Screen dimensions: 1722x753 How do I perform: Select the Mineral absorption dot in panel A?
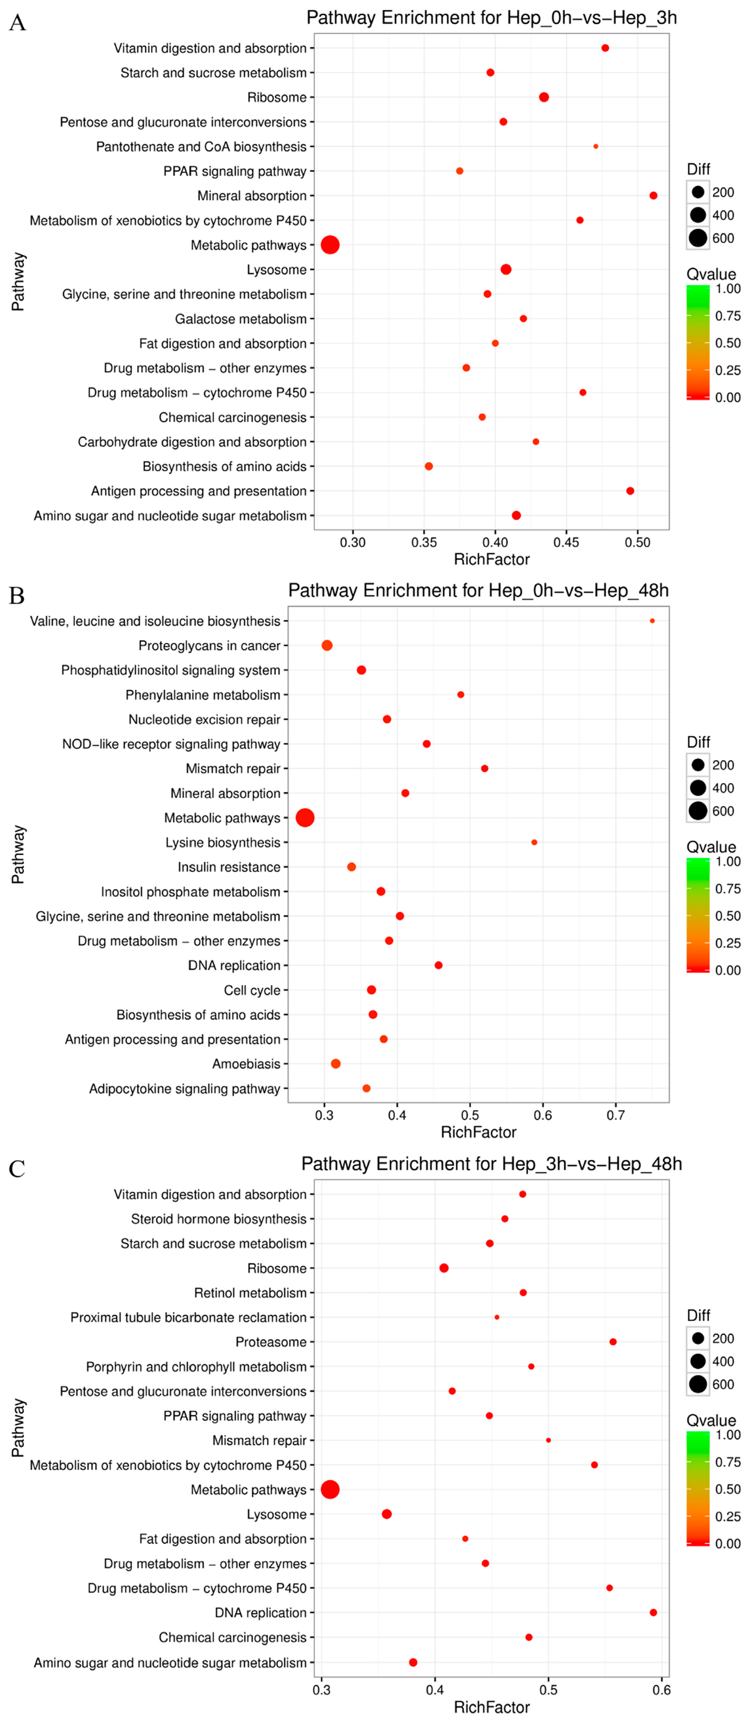click(653, 195)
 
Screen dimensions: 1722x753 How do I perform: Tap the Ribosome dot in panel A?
click(543, 97)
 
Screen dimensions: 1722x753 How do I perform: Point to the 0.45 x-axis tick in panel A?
click(566, 542)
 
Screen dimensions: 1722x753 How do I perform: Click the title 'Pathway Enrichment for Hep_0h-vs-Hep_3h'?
click(491, 17)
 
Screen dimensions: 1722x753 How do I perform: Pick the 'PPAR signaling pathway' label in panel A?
click(234, 171)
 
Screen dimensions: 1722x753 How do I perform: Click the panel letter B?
click(17, 595)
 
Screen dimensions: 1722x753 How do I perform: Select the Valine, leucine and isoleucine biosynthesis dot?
click(652, 621)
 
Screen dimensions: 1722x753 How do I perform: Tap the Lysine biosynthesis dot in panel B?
click(534, 842)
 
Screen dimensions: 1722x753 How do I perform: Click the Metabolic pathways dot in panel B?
click(305, 817)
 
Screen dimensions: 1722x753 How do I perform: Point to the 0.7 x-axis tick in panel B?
click(615, 1115)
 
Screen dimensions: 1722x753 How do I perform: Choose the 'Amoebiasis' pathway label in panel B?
click(246, 1064)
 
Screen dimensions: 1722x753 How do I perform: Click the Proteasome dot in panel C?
click(613, 1342)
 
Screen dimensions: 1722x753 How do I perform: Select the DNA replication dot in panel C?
click(653, 1612)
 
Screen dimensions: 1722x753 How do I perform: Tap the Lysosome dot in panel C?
click(386, 1514)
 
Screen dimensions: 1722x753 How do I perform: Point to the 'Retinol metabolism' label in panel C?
click(250, 1293)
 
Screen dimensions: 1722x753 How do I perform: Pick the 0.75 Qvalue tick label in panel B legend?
click(727, 888)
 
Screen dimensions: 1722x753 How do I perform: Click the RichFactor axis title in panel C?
click(491, 1706)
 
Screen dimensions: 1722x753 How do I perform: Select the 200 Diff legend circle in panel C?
click(698, 1338)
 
